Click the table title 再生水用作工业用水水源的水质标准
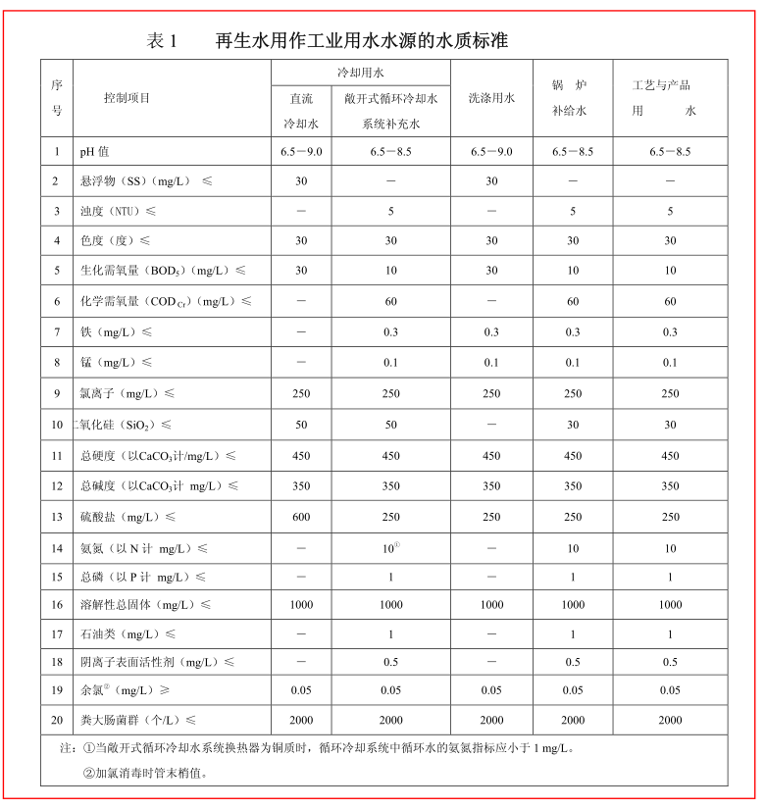coord(361,41)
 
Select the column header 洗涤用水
coord(491,98)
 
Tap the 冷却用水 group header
coord(360,74)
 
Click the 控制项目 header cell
coord(127,98)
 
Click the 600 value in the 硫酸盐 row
coord(301,517)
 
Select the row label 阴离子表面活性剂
coord(157,662)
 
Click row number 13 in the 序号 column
coord(57,517)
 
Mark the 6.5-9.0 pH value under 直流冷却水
coord(301,152)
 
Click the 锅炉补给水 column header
coord(572,98)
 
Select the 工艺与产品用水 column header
coord(670,98)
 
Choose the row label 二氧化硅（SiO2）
coord(125,425)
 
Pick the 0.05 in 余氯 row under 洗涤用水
coord(491,690)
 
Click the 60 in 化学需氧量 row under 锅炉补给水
coord(573,302)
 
